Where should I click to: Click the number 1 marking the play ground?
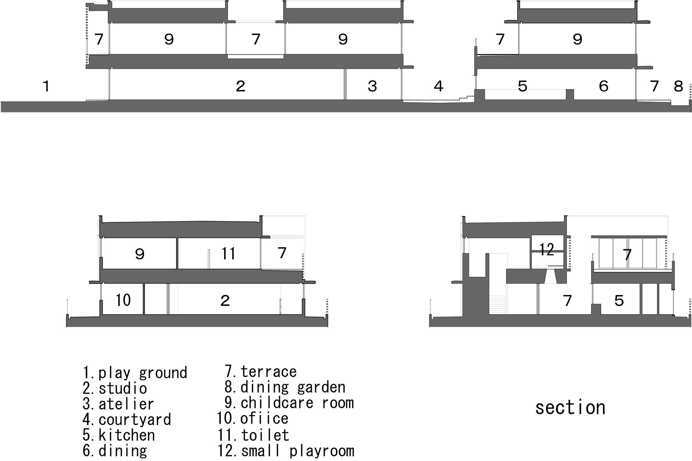[46, 86]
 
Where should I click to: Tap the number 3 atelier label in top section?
[372, 86]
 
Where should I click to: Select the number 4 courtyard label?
[438, 86]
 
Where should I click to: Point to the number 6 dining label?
[603, 86]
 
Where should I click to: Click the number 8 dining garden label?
[679, 86]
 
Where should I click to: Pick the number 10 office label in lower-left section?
[123, 300]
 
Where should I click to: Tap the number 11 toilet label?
[228, 253]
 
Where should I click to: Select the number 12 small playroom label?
[546, 249]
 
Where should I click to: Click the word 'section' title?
[570, 407]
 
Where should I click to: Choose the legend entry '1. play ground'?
[135, 373]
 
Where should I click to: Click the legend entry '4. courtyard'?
[127, 419]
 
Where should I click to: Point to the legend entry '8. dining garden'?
[285, 387]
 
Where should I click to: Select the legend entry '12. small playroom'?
[286, 451]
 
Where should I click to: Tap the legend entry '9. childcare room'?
[289, 403]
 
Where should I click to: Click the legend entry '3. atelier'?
[118, 404]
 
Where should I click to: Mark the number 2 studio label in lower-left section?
[225, 300]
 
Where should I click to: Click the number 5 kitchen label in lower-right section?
[619, 300]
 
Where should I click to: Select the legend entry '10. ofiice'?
[253, 418]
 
